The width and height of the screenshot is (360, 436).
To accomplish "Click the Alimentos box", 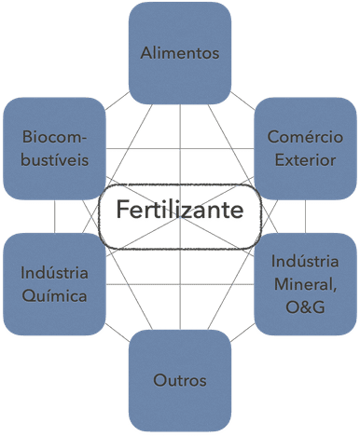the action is (180, 53).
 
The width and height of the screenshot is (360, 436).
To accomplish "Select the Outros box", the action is (180, 380).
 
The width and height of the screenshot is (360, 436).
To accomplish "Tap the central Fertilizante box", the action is (180, 217).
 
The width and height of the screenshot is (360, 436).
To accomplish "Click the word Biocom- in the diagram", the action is (54, 137).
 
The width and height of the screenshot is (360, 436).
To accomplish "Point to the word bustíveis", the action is (55, 160).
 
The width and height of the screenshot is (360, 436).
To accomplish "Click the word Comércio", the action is (305, 137).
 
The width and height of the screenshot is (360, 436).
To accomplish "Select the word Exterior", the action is (305, 160).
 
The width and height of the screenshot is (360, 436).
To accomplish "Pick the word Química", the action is (54, 296).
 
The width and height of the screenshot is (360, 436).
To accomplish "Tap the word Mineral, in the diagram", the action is (305, 285).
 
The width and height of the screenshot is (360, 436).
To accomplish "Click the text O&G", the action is (305, 307).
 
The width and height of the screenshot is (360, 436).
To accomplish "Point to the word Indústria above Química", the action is (54, 273).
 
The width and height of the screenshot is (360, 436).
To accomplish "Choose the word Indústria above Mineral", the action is (305, 261).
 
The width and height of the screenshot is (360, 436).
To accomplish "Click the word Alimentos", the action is (180, 53).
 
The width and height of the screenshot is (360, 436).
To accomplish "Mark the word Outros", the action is (180, 380).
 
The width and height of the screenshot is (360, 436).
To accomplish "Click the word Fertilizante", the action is (180, 210).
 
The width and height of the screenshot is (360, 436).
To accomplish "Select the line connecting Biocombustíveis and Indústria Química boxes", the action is (54, 216).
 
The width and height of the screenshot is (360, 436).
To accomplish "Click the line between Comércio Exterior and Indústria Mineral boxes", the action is (305, 216).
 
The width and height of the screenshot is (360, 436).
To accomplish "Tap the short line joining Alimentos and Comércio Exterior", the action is (242, 101).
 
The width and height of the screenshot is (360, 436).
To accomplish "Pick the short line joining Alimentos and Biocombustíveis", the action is (118, 101).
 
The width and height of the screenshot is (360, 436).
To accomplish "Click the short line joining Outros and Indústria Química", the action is (118, 333).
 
